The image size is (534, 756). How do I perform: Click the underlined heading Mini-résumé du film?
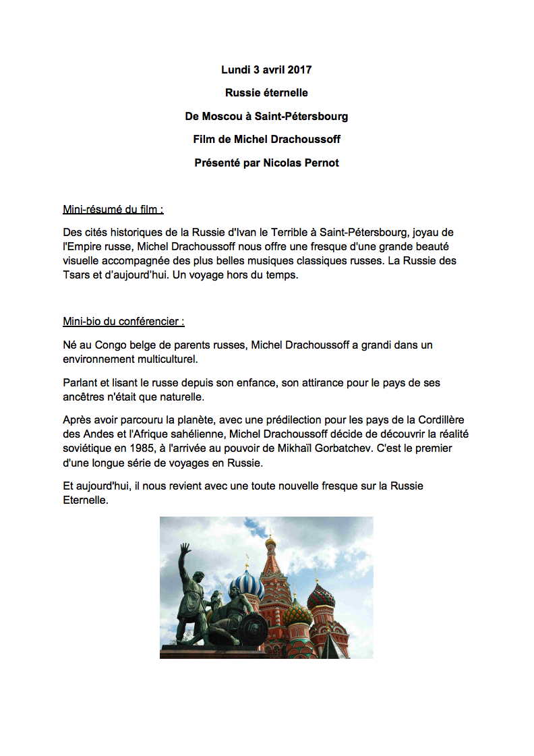tap(113, 209)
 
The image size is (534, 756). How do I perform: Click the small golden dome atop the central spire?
tap(270, 541)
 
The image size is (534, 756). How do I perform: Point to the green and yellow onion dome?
tap(297, 612)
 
